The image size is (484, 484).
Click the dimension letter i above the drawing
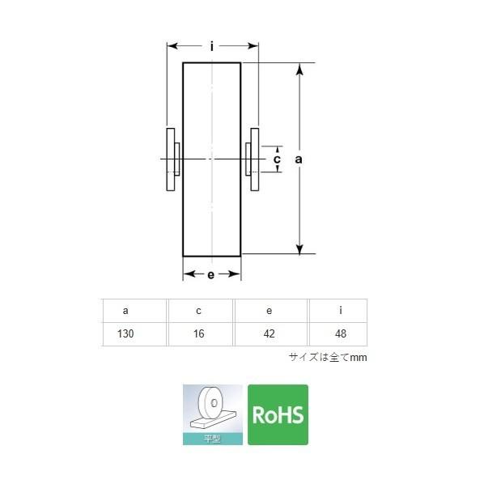[x=212, y=47]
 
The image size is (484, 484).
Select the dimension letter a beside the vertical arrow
[x=298, y=159]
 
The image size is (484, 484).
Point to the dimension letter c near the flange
[x=277, y=159]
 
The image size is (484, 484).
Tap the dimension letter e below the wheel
[x=210, y=274]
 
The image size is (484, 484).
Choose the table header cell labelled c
[x=199, y=311]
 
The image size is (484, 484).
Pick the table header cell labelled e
[x=270, y=311]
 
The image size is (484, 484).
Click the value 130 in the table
[x=125, y=333]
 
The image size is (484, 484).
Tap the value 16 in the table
[x=199, y=333]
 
